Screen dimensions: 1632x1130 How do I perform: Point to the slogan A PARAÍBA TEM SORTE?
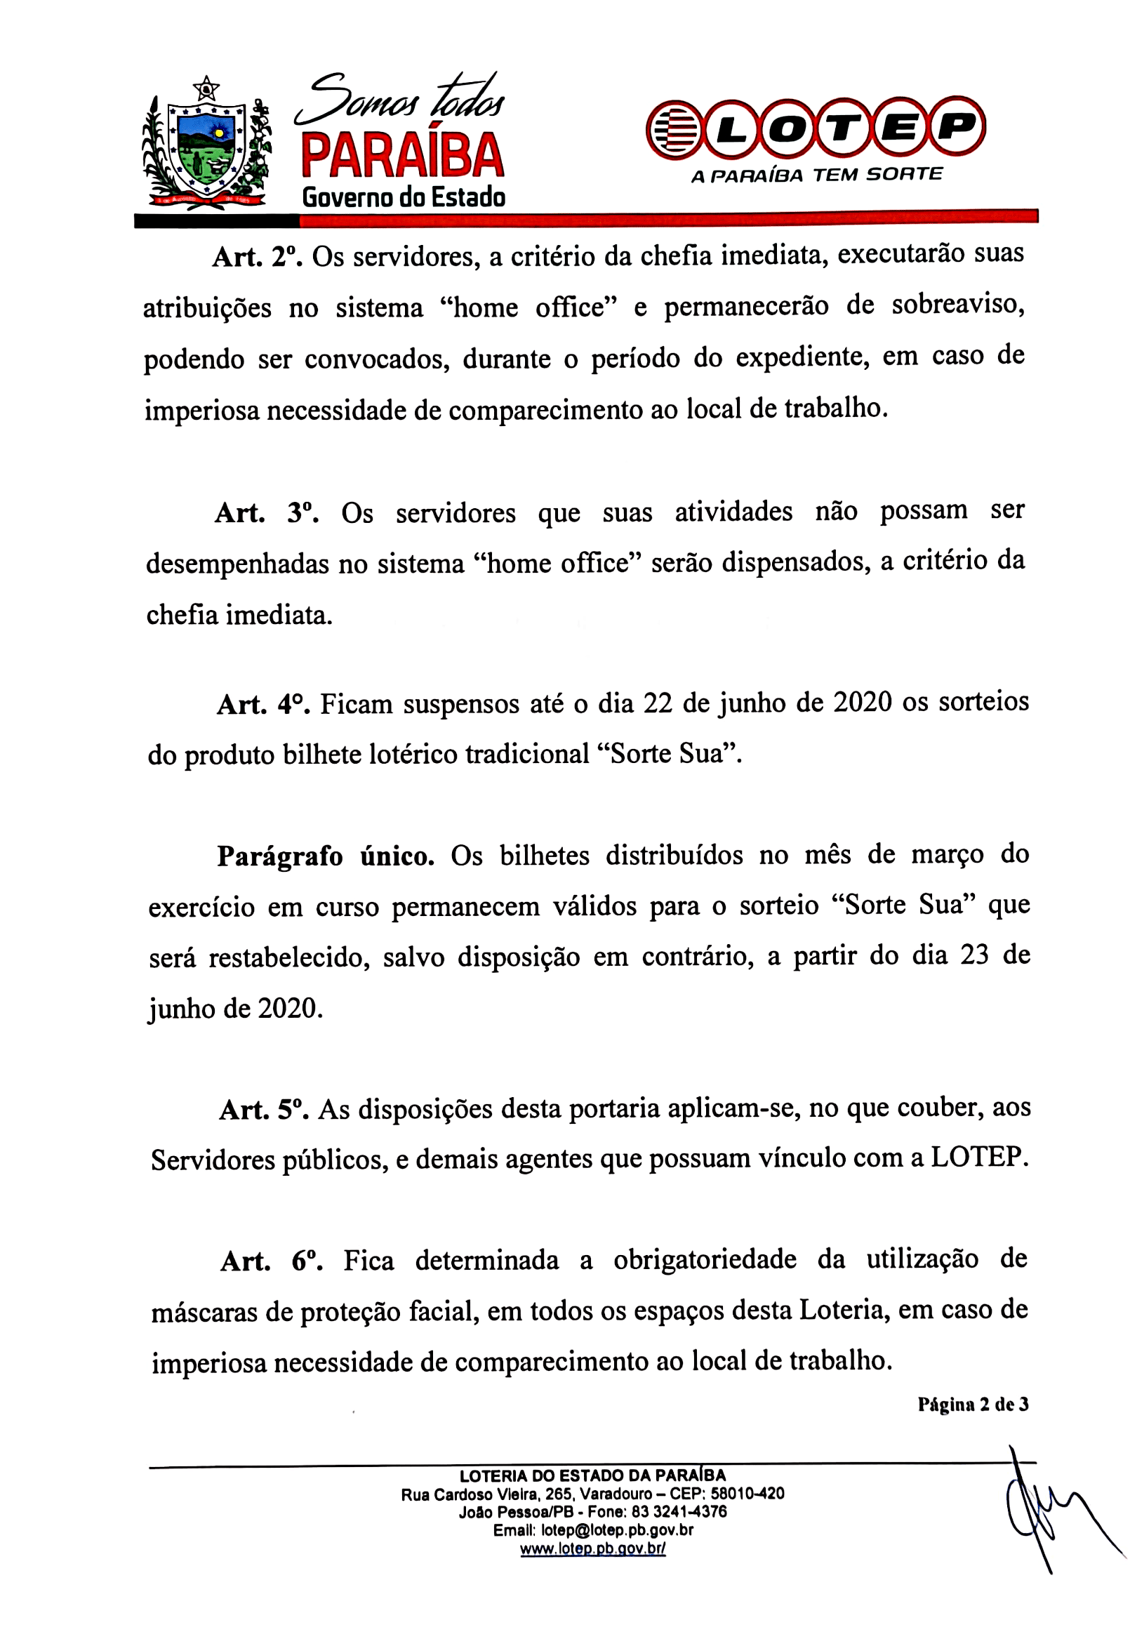pyautogui.click(x=816, y=175)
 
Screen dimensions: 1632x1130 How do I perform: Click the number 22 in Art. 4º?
pyautogui.click(x=658, y=703)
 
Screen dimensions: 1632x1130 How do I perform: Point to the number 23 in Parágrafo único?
pyautogui.click(x=974, y=955)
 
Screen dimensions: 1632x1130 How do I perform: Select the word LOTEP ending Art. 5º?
pyautogui.click(x=978, y=1157)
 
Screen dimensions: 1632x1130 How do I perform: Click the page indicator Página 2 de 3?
pyautogui.click(x=973, y=1405)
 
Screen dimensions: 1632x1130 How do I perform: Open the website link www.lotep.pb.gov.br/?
pyautogui.click(x=592, y=1548)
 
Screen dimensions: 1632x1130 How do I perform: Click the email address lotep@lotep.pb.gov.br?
pyautogui.click(x=617, y=1530)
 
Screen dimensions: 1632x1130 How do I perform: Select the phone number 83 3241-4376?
pyautogui.click(x=679, y=1512)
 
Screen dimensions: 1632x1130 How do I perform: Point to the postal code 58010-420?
pyautogui.click(x=747, y=1493)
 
